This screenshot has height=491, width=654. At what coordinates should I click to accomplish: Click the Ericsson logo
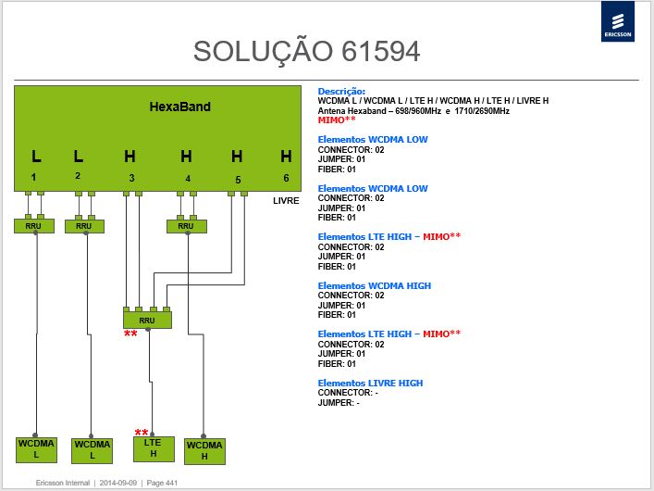(618, 21)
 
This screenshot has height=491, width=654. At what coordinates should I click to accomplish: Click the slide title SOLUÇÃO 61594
(306, 51)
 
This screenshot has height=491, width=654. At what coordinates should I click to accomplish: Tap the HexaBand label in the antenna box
(179, 107)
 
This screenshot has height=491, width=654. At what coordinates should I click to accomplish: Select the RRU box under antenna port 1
(34, 226)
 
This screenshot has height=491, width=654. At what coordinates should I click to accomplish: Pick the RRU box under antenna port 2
(84, 226)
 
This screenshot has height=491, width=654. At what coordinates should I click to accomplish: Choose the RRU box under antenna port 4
(187, 226)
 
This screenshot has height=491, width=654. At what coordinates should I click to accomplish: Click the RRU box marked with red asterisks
(147, 321)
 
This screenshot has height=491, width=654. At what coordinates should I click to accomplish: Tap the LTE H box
(154, 448)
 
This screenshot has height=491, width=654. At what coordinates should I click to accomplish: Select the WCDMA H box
(204, 451)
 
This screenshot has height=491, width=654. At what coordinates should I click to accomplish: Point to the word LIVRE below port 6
(286, 201)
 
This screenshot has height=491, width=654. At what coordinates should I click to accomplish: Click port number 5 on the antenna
(238, 180)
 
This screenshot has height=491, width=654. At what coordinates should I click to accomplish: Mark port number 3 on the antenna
(131, 178)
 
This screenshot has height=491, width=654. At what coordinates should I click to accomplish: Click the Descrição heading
(341, 91)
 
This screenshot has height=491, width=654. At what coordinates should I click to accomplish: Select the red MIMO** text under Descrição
(337, 120)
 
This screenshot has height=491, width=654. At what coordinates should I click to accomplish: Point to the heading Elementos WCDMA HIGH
(374, 286)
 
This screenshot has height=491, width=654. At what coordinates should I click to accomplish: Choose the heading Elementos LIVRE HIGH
(370, 384)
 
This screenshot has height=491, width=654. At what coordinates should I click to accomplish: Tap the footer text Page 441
(162, 483)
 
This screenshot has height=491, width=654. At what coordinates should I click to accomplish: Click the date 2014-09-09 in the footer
(118, 483)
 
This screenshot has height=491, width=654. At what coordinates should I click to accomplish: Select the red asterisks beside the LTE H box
(142, 432)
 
